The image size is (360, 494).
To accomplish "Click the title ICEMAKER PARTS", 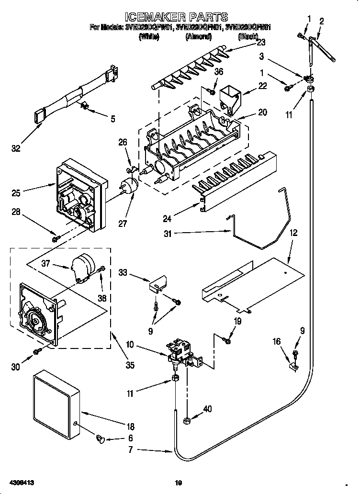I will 180,18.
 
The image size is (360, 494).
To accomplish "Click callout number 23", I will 261,42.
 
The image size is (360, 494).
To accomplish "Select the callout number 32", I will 16,149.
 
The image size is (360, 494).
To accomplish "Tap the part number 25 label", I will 16,193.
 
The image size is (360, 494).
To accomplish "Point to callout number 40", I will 207,409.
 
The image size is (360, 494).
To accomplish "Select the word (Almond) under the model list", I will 198,36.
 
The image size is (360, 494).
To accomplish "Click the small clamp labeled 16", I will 293,368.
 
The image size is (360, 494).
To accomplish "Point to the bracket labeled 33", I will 157,284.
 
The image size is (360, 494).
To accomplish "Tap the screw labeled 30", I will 36,353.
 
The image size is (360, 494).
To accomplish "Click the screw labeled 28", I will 56,237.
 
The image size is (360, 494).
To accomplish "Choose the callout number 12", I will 293,233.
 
